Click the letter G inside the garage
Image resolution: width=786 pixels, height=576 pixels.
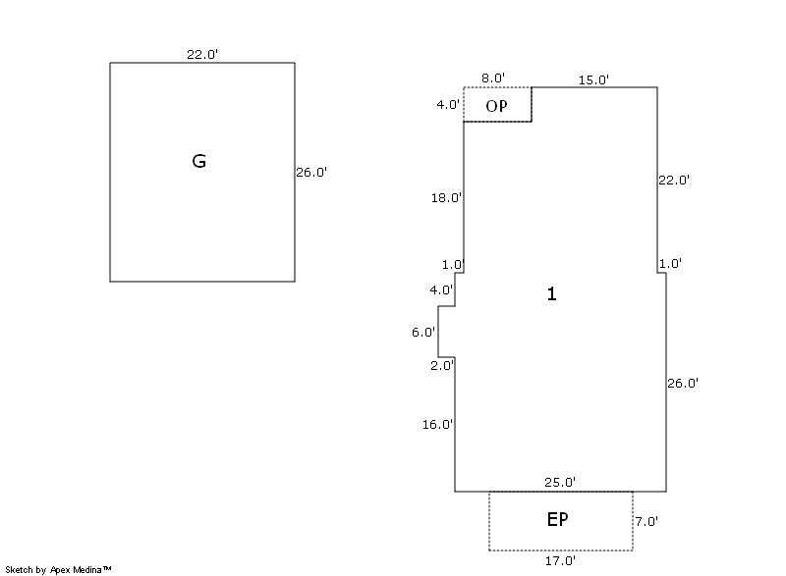click(x=198, y=162)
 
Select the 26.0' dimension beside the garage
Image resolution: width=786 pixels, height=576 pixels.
click(x=311, y=173)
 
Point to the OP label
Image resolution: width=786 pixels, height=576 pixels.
click(x=497, y=106)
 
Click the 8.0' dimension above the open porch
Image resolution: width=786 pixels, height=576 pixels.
click(x=493, y=79)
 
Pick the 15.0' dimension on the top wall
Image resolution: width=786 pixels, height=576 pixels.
click(x=593, y=79)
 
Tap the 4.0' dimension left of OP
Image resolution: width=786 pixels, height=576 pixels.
click(x=448, y=104)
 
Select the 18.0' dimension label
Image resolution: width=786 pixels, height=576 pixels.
click(x=446, y=198)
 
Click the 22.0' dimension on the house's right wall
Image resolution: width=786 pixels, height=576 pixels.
click(x=674, y=181)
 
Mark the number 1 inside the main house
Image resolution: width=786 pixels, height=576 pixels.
click(x=551, y=293)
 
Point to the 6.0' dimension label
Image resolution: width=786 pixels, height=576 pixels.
click(x=423, y=333)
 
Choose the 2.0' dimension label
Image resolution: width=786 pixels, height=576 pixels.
click(x=441, y=366)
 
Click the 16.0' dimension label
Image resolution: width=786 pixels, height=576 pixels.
click(x=438, y=425)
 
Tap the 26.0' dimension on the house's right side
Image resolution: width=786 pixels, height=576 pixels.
click(x=683, y=384)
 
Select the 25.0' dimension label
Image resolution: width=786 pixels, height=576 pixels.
click(x=560, y=482)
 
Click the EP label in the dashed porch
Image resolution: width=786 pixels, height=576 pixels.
click(x=557, y=520)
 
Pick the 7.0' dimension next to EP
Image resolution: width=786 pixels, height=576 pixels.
click(x=646, y=522)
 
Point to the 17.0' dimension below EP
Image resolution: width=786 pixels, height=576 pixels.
click(x=560, y=561)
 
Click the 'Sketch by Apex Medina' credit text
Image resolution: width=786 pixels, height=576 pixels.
click(x=58, y=569)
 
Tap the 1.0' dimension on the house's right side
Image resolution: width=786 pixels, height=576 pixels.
click(x=670, y=264)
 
